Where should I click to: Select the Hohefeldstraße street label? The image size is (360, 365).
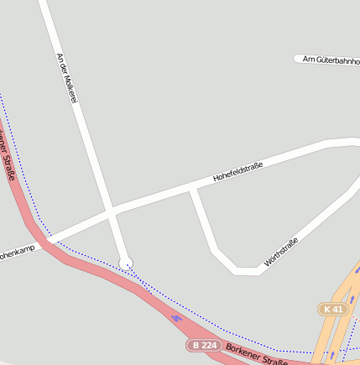[237, 171]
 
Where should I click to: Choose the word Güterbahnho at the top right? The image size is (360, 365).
[337, 60]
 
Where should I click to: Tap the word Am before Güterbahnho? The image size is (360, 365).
[307, 60]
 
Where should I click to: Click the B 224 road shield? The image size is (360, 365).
[204, 345]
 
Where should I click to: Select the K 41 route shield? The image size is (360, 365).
[333, 309]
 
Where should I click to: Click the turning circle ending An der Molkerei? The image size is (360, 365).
[126, 263]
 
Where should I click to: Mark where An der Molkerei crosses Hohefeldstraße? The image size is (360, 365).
[111, 212]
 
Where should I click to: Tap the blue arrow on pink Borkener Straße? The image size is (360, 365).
[175, 317]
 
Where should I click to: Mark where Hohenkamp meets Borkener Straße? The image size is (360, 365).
[49, 241]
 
